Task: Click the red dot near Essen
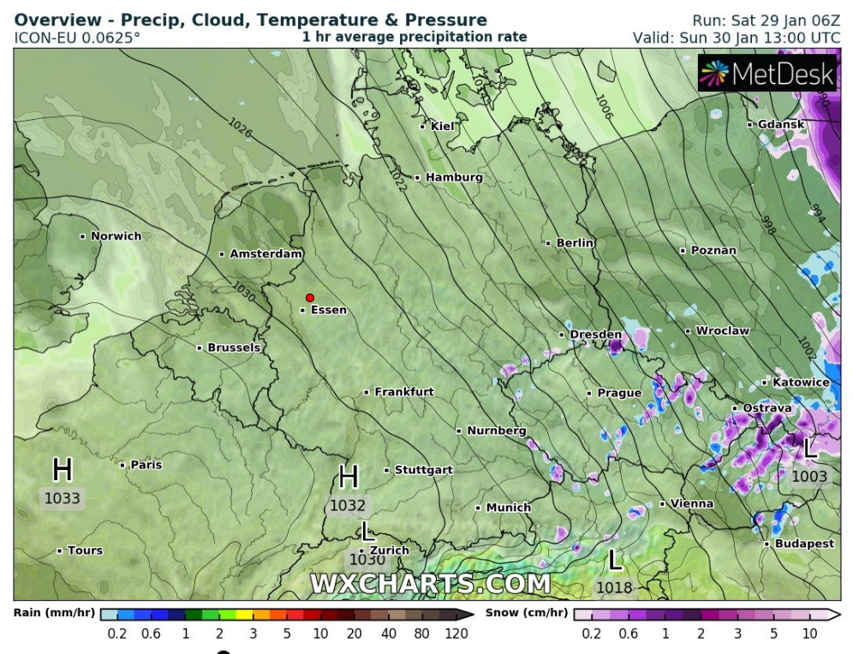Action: click(x=310, y=298)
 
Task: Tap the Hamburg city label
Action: click(x=454, y=177)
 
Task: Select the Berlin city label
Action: click(x=575, y=243)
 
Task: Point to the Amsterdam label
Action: click(x=266, y=254)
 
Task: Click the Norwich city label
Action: click(x=116, y=236)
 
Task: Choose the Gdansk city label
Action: click(x=781, y=124)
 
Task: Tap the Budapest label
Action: click(x=804, y=544)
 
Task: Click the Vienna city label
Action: click(x=692, y=503)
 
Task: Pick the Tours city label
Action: click(x=85, y=550)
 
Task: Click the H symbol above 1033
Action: click(x=62, y=469)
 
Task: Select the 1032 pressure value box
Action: click(x=348, y=506)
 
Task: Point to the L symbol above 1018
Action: click(x=615, y=561)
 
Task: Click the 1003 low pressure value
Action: click(x=809, y=477)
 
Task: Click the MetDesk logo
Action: click(x=767, y=74)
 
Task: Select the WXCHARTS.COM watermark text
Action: click(x=430, y=584)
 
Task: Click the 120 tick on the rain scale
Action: click(x=456, y=634)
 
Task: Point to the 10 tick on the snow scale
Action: click(x=808, y=634)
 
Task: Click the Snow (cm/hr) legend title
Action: click(x=526, y=613)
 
